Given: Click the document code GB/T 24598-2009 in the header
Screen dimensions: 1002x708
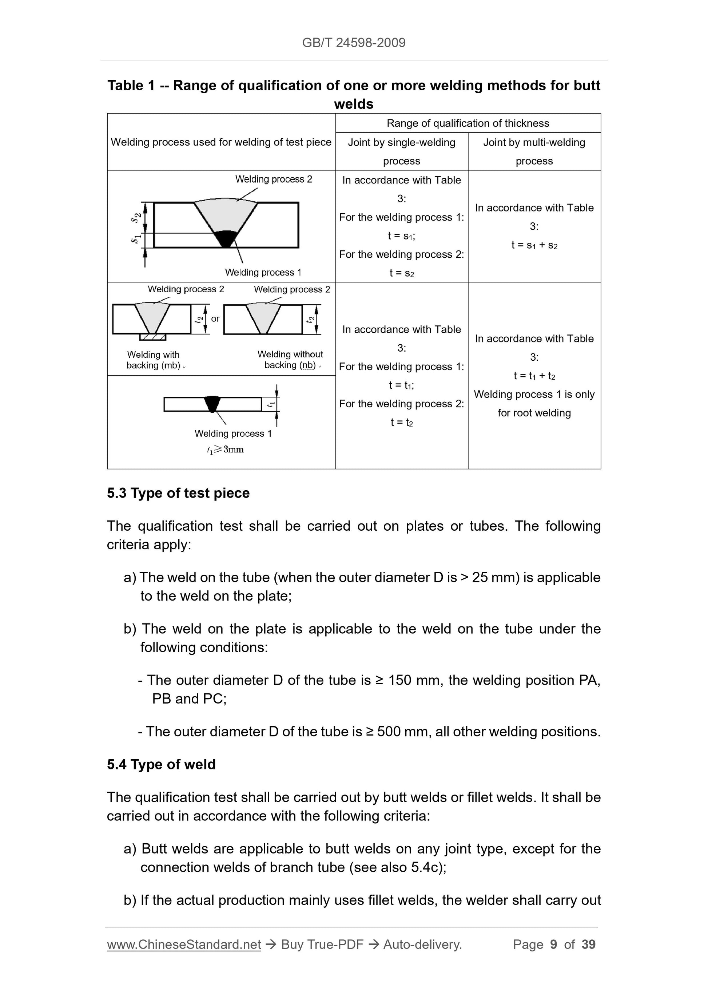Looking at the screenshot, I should click(x=354, y=43).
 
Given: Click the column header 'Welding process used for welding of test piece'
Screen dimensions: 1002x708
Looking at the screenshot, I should click(x=221, y=142).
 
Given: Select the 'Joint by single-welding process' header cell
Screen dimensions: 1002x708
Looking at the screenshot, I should click(x=401, y=151).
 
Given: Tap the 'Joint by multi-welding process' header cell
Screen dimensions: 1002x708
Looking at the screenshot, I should click(x=534, y=151).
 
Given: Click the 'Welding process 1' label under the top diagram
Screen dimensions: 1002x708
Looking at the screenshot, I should click(x=263, y=272).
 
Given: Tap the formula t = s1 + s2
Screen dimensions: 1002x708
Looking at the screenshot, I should click(x=534, y=245).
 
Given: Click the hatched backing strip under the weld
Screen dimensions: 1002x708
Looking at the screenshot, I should click(x=153, y=337).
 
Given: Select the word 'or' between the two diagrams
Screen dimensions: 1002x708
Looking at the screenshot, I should click(x=215, y=318).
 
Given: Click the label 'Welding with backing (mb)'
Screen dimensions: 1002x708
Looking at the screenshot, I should click(x=154, y=360).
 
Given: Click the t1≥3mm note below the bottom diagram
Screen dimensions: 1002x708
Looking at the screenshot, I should click(x=226, y=449).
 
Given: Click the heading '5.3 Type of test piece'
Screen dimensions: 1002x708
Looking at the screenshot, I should click(x=178, y=493).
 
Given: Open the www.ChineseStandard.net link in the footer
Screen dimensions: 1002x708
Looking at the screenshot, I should click(x=184, y=945).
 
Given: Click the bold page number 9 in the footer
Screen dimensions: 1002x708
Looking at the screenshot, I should click(x=554, y=944).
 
